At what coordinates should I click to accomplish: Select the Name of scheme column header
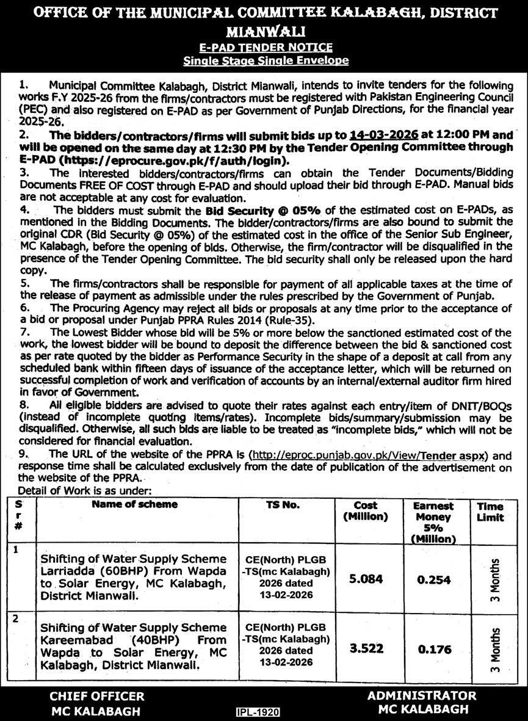click(135, 504)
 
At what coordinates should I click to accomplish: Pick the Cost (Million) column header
click(365, 510)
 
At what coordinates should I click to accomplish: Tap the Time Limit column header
click(490, 511)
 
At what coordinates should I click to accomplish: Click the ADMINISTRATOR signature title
click(422, 695)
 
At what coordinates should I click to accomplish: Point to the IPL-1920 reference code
click(256, 712)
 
